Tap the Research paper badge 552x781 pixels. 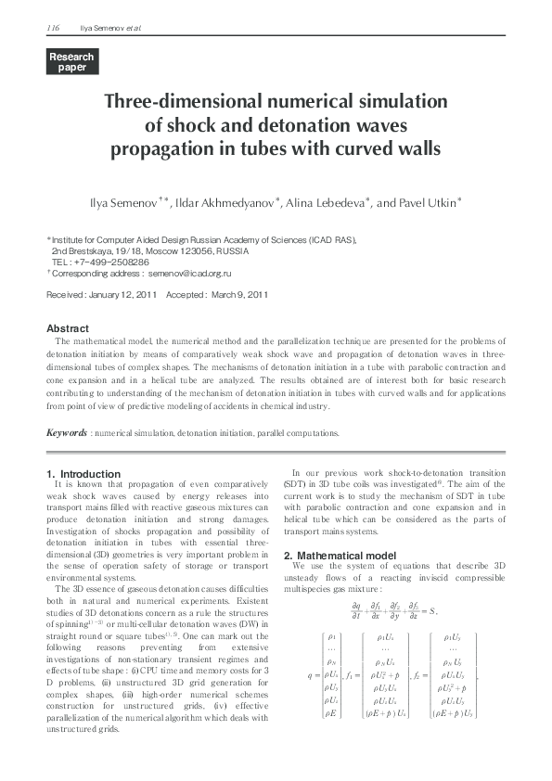pos(71,62)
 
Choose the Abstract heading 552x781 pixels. pos(68,328)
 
